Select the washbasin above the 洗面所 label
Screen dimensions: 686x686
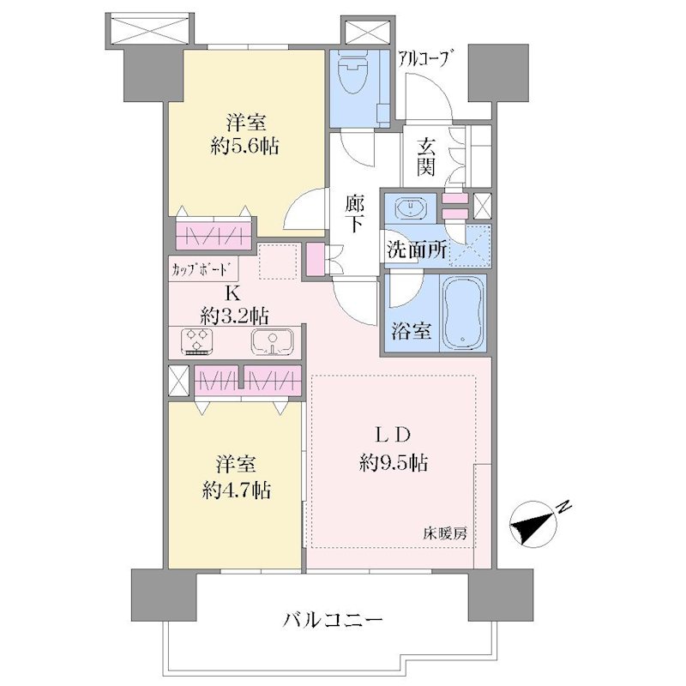[412, 207]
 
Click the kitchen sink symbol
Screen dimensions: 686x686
[274, 341]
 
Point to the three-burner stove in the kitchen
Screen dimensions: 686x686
[197, 341]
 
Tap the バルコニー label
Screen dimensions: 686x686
[333, 620]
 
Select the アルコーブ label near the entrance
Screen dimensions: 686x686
[424, 59]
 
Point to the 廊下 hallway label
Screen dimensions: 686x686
[354, 214]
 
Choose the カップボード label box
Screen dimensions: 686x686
[204, 268]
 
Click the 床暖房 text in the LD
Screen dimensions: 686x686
[444, 533]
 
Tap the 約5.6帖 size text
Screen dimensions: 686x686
[245, 146]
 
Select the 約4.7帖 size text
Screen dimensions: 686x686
[237, 490]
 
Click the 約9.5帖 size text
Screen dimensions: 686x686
[394, 462]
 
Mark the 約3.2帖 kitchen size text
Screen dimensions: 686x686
[235, 314]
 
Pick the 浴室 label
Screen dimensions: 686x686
[412, 331]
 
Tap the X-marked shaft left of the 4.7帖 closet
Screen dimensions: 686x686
[178, 381]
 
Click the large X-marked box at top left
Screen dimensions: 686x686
[149, 28]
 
